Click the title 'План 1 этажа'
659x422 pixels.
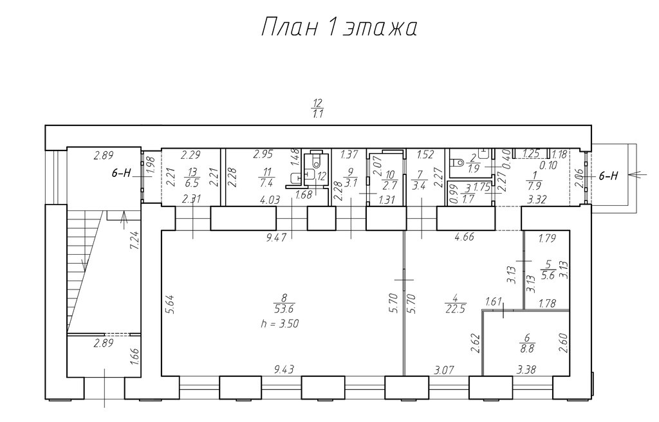point(339,28)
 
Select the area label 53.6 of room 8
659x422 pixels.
point(284,309)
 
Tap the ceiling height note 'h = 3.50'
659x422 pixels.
point(279,324)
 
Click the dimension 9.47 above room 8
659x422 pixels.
point(276,237)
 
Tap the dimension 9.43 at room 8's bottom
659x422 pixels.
point(284,369)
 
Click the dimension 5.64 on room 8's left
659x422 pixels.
point(168,304)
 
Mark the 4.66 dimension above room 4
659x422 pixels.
point(464,237)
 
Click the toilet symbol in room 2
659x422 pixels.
point(457,162)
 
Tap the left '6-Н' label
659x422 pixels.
point(122,173)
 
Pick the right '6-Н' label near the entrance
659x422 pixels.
point(608,176)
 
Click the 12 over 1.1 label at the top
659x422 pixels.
point(318,108)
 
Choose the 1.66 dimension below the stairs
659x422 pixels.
point(135,357)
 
